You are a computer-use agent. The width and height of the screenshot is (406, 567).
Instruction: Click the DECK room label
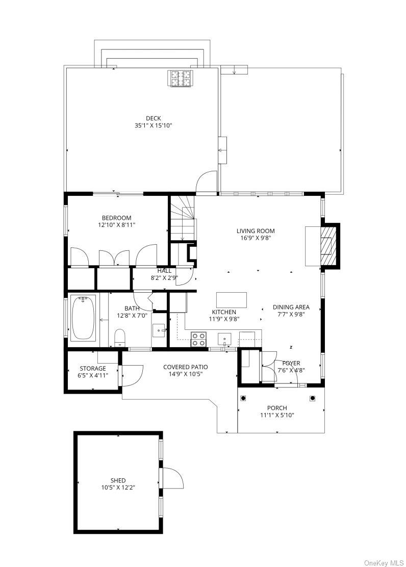point(154,118)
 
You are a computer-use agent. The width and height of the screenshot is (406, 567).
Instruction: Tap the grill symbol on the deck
point(180,79)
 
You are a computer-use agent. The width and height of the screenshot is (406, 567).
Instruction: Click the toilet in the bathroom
point(119,338)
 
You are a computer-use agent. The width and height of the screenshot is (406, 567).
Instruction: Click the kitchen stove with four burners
point(198,339)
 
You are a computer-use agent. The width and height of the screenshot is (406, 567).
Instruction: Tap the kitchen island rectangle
point(232,300)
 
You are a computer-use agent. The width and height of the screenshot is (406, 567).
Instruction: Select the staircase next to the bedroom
point(183,218)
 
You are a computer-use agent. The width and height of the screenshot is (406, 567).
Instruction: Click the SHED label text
point(118,481)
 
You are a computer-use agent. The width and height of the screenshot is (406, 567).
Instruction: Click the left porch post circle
point(243,398)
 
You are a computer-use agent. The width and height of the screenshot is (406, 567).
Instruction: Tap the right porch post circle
point(312,398)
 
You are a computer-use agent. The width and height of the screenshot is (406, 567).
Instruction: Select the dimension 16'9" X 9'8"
point(256,238)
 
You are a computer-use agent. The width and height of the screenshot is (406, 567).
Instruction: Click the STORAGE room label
point(93,369)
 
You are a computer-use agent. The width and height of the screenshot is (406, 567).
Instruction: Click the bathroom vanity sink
point(159,330)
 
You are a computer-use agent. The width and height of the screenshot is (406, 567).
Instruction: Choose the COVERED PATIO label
point(186,367)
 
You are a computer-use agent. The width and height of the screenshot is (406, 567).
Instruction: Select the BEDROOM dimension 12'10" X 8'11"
point(116,225)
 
